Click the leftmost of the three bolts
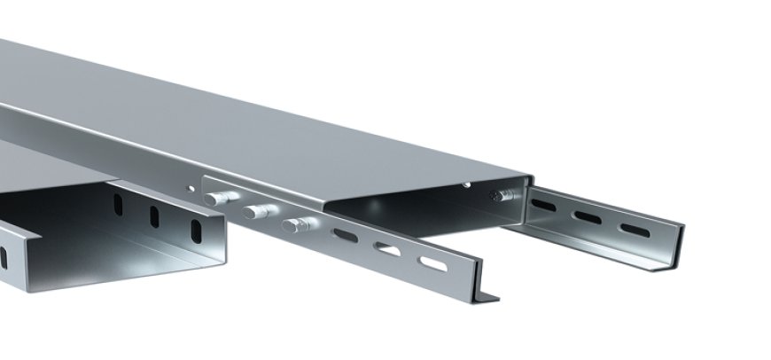[x=216, y=199]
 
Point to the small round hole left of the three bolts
[x=189, y=188]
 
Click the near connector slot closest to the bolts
[x=343, y=236]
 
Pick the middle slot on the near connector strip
[x=386, y=249]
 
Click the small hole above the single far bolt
[x=468, y=184]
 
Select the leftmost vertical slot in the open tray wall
[x=117, y=205]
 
